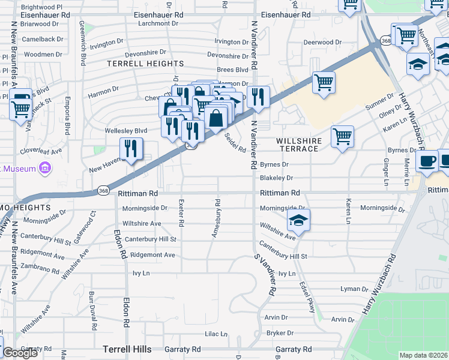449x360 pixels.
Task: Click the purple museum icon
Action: pyautogui.click(x=44, y=169)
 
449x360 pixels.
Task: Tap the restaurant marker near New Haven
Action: pyautogui.click(x=131, y=149)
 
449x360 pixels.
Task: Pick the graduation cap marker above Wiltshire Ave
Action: pyautogui.click(x=298, y=220)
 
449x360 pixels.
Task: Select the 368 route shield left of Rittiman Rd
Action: pyautogui.click(x=103, y=191)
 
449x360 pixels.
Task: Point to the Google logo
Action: pyautogui.click(x=19, y=353)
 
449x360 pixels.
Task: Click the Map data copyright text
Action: pyautogui.click(x=423, y=355)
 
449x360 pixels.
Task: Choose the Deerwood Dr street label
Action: pyautogui.click(x=322, y=43)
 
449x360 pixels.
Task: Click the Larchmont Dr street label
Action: pyautogui.click(x=158, y=24)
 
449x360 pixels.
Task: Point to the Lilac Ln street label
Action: pyautogui.click(x=216, y=334)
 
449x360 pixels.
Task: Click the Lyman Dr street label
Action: pyautogui.click(x=353, y=289)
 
